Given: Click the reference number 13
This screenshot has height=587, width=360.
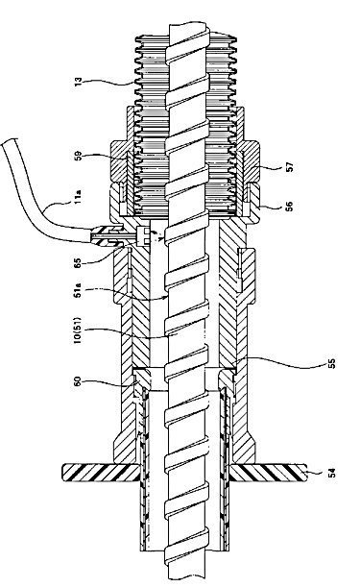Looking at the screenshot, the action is [78, 82].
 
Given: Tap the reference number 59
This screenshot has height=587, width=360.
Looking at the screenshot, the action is [79, 156].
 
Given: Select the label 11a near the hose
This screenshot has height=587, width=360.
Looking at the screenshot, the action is [78, 197].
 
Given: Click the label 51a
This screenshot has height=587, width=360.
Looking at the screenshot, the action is [78, 290].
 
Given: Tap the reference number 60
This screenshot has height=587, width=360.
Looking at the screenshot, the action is [78, 382].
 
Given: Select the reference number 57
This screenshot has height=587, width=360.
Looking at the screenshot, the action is [290, 166].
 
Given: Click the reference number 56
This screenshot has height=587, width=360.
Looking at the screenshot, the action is [289, 207].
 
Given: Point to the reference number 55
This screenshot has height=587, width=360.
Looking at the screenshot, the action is [331, 364].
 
